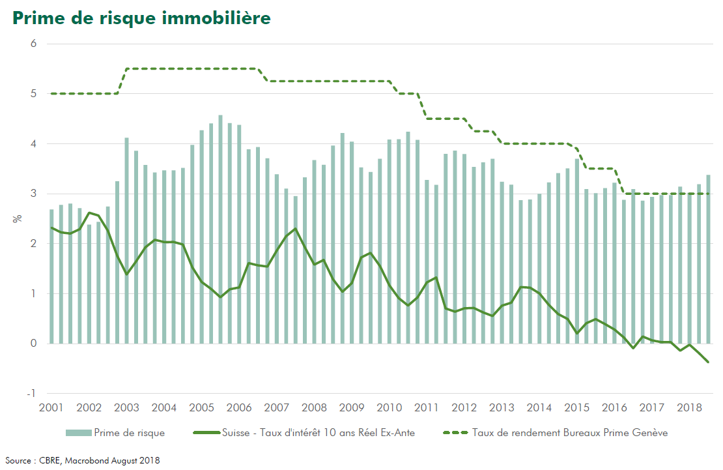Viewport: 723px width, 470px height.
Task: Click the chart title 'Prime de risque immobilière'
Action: (141, 18)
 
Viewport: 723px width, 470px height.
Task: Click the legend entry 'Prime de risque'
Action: (129, 432)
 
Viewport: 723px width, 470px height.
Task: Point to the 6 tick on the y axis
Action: (34, 44)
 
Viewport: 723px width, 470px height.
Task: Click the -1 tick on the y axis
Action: (33, 394)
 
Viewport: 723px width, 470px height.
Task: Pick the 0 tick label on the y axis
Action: (34, 344)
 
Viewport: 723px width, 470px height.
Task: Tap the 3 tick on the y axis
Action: (34, 194)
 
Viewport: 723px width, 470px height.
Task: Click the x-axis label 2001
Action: (51, 408)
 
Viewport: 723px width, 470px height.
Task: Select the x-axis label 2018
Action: (689, 408)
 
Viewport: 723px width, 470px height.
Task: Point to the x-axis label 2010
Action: (389, 408)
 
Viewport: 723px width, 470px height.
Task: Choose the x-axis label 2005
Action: (201, 408)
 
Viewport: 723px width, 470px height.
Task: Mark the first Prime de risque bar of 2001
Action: (52, 276)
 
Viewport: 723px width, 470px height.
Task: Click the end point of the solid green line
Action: (708, 362)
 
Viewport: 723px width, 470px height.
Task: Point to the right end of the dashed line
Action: (708, 194)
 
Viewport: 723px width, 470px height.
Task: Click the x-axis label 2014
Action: (539, 408)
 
